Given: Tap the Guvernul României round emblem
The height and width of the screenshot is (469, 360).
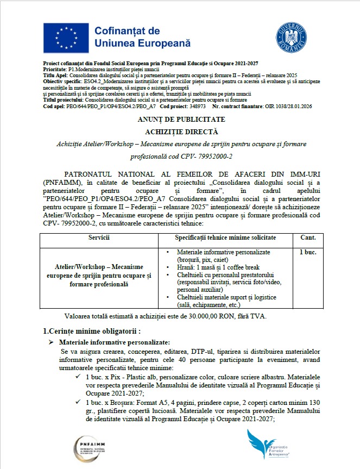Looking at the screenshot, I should tap(292, 35).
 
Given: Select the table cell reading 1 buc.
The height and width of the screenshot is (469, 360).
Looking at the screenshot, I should tap(308, 252).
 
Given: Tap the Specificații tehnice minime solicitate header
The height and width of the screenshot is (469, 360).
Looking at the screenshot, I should tap(225, 237).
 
